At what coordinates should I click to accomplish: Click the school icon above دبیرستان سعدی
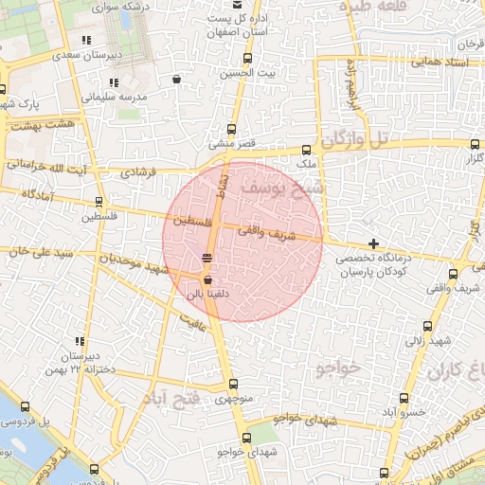[87, 40]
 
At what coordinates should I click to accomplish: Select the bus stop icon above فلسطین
[99, 202]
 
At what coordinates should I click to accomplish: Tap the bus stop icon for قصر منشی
[232, 130]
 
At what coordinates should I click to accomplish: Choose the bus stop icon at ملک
[306, 150]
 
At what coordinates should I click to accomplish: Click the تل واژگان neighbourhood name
[353, 141]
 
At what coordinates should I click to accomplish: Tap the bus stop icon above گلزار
[474, 144]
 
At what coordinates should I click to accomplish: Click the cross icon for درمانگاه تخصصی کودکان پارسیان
[373, 244]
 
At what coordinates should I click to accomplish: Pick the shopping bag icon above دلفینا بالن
[207, 279]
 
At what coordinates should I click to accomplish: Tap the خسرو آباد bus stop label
[401, 413]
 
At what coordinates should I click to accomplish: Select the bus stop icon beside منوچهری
[233, 384]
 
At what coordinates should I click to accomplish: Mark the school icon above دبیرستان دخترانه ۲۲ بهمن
[80, 342]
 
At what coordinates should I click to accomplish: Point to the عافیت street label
[194, 323]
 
